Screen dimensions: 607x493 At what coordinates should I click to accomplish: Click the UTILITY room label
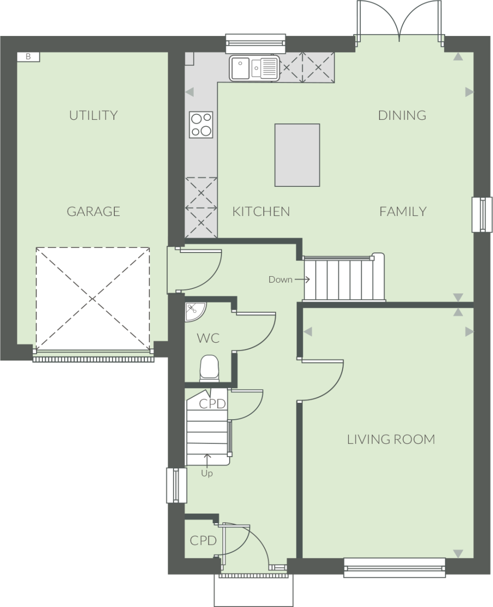coord(93,115)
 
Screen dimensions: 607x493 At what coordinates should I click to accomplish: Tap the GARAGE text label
coord(93,212)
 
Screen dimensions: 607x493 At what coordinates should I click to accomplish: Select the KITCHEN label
coord(261,212)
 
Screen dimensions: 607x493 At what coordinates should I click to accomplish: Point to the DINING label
coord(402,115)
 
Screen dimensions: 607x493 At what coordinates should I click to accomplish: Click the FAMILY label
coord(402,212)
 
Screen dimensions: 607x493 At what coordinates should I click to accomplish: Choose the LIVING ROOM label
coord(391,439)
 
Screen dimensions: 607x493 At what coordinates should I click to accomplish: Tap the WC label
coord(208,339)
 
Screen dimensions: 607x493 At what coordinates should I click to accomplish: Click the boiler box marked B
coord(28,57)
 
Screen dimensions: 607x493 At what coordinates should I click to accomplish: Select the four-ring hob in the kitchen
coord(201,124)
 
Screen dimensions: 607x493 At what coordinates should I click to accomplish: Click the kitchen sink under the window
coord(254,68)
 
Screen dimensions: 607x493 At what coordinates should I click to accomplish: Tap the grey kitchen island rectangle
coord(297,155)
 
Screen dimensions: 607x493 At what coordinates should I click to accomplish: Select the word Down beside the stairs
coord(280,280)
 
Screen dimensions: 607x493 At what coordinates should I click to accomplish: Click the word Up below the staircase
coord(207,474)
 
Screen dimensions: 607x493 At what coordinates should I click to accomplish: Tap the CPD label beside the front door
coord(203,540)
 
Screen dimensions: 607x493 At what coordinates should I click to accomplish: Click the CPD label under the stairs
coord(212,404)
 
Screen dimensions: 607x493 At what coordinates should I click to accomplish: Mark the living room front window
coord(394,567)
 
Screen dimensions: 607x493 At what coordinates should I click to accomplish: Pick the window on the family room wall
coord(482,214)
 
